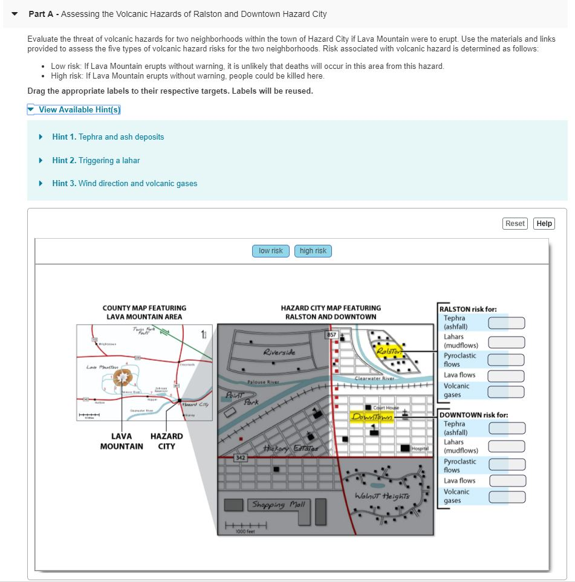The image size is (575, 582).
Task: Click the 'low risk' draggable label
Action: click(x=270, y=251)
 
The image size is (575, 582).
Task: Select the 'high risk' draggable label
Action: click(x=313, y=251)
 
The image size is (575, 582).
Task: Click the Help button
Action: click(x=544, y=224)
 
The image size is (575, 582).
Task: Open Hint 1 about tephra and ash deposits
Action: click(x=108, y=137)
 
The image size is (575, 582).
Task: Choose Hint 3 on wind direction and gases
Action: click(x=124, y=183)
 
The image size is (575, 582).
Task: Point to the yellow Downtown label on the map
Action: click(x=372, y=418)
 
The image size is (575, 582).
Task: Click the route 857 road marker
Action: click(x=331, y=334)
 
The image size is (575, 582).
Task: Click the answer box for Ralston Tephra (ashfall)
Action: click(x=506, y=323)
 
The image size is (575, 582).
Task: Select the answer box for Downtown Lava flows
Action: click(x=506, y=481)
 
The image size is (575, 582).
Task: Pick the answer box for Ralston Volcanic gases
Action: click(x=506, y=391)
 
